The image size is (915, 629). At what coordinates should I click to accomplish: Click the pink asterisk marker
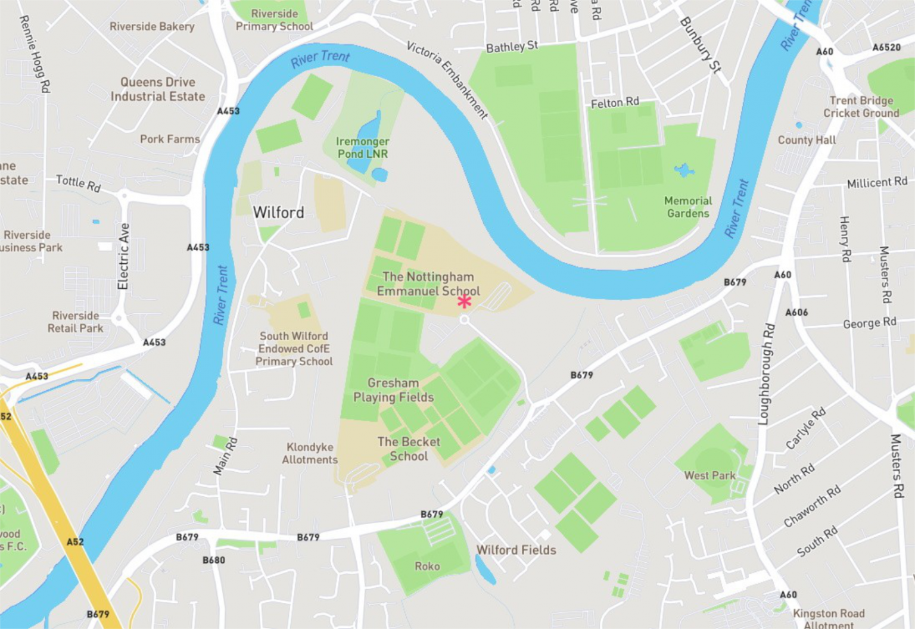465,301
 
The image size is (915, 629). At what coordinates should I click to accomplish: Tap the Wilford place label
278,213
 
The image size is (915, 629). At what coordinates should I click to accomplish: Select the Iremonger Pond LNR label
362,148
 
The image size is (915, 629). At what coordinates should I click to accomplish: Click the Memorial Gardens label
688,207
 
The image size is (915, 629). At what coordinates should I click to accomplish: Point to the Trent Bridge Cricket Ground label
861,107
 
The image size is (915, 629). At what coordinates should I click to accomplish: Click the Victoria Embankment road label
447,80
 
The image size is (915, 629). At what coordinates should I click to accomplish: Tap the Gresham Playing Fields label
393,390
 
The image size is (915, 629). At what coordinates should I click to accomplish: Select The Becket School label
409,449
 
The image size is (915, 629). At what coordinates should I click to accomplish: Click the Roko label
427,566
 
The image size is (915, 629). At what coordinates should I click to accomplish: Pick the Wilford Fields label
516,550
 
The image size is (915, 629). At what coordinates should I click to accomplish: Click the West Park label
709,475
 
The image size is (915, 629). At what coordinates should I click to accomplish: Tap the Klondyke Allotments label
310,453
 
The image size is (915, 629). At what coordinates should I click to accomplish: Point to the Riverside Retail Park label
76,322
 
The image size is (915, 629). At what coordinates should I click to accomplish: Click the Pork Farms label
170,139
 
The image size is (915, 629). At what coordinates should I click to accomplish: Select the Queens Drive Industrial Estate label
157,89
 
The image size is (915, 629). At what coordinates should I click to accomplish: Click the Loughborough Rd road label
767,374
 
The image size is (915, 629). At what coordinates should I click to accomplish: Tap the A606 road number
796,313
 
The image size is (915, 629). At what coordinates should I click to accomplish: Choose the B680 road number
214,560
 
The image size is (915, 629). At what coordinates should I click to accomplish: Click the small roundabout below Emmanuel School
464,320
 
